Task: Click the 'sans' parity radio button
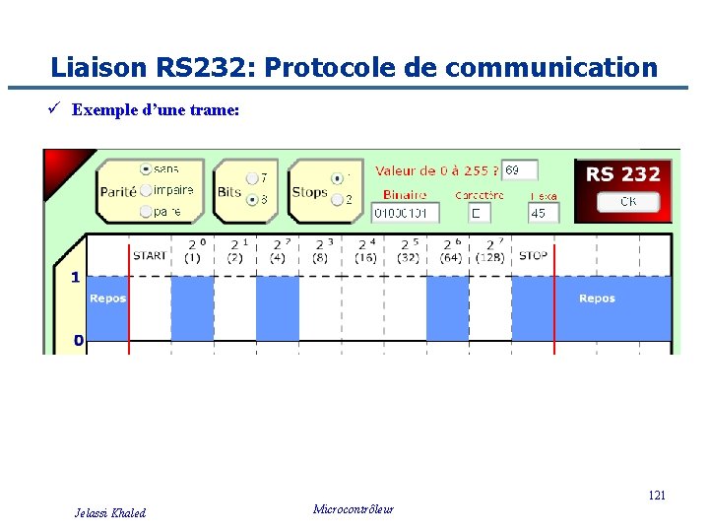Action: pos(146,169)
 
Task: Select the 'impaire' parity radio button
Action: pos(146,190)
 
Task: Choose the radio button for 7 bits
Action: pos(252,178)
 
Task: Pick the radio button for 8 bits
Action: pos(252,199)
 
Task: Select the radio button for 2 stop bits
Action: pos(337,199)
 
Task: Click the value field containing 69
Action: pos(519,170)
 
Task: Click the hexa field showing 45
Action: pos(543,213)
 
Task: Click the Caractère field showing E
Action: pos(479,213)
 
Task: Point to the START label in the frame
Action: pos(150,256)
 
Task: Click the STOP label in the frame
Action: pos(533,256)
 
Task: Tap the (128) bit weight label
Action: pos(490,258)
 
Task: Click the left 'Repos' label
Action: pos(107,299)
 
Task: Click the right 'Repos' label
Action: pos(597,299)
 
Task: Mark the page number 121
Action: pos(656,495)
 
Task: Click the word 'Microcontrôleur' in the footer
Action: pos(353,509)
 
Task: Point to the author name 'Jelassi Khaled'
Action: pos(110,512)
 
